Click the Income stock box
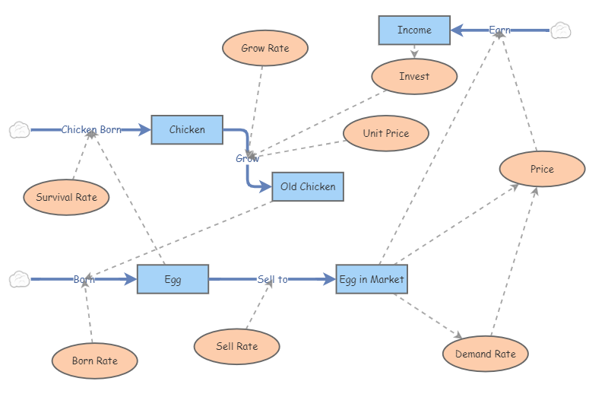pyautogui.click(x=414, y=30)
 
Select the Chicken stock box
pyautogui.click(x=187, y=130)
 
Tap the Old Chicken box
pyautogui.click(x=308, y=186)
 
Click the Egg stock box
pyautogui.click(x=173, y=279)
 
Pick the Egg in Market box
pyautogui.click(x=371, y=279)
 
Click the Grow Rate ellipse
pyautogui.click(x=265, y=48)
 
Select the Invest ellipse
pyautogui.click(x=414, y=76)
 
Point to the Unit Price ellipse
pyautogui.click(x=386, y=133)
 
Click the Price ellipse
pyautogui.click(x=542, y=169)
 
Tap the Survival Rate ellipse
pyautogui.click(x=66, y=198)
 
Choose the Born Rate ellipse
pyautogui.click(x=94, y=361)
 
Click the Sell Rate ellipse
pyautogui.click(x=236, y=347)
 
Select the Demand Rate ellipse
pyautogui.click(x=485, y=354)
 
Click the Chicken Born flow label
pyautogui.click(x=91, y=130)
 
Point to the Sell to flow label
pyautogui.click(x=272, y=279)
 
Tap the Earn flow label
pyautogui.click(x=499, y=30)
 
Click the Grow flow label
pyautogui.click(x=247, y=158)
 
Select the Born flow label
pyautogui.click(x=84, y=279)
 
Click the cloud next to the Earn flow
pyautogui.click(x=560, y=30)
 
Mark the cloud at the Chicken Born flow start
pyautogui.click(x=19, y=130)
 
